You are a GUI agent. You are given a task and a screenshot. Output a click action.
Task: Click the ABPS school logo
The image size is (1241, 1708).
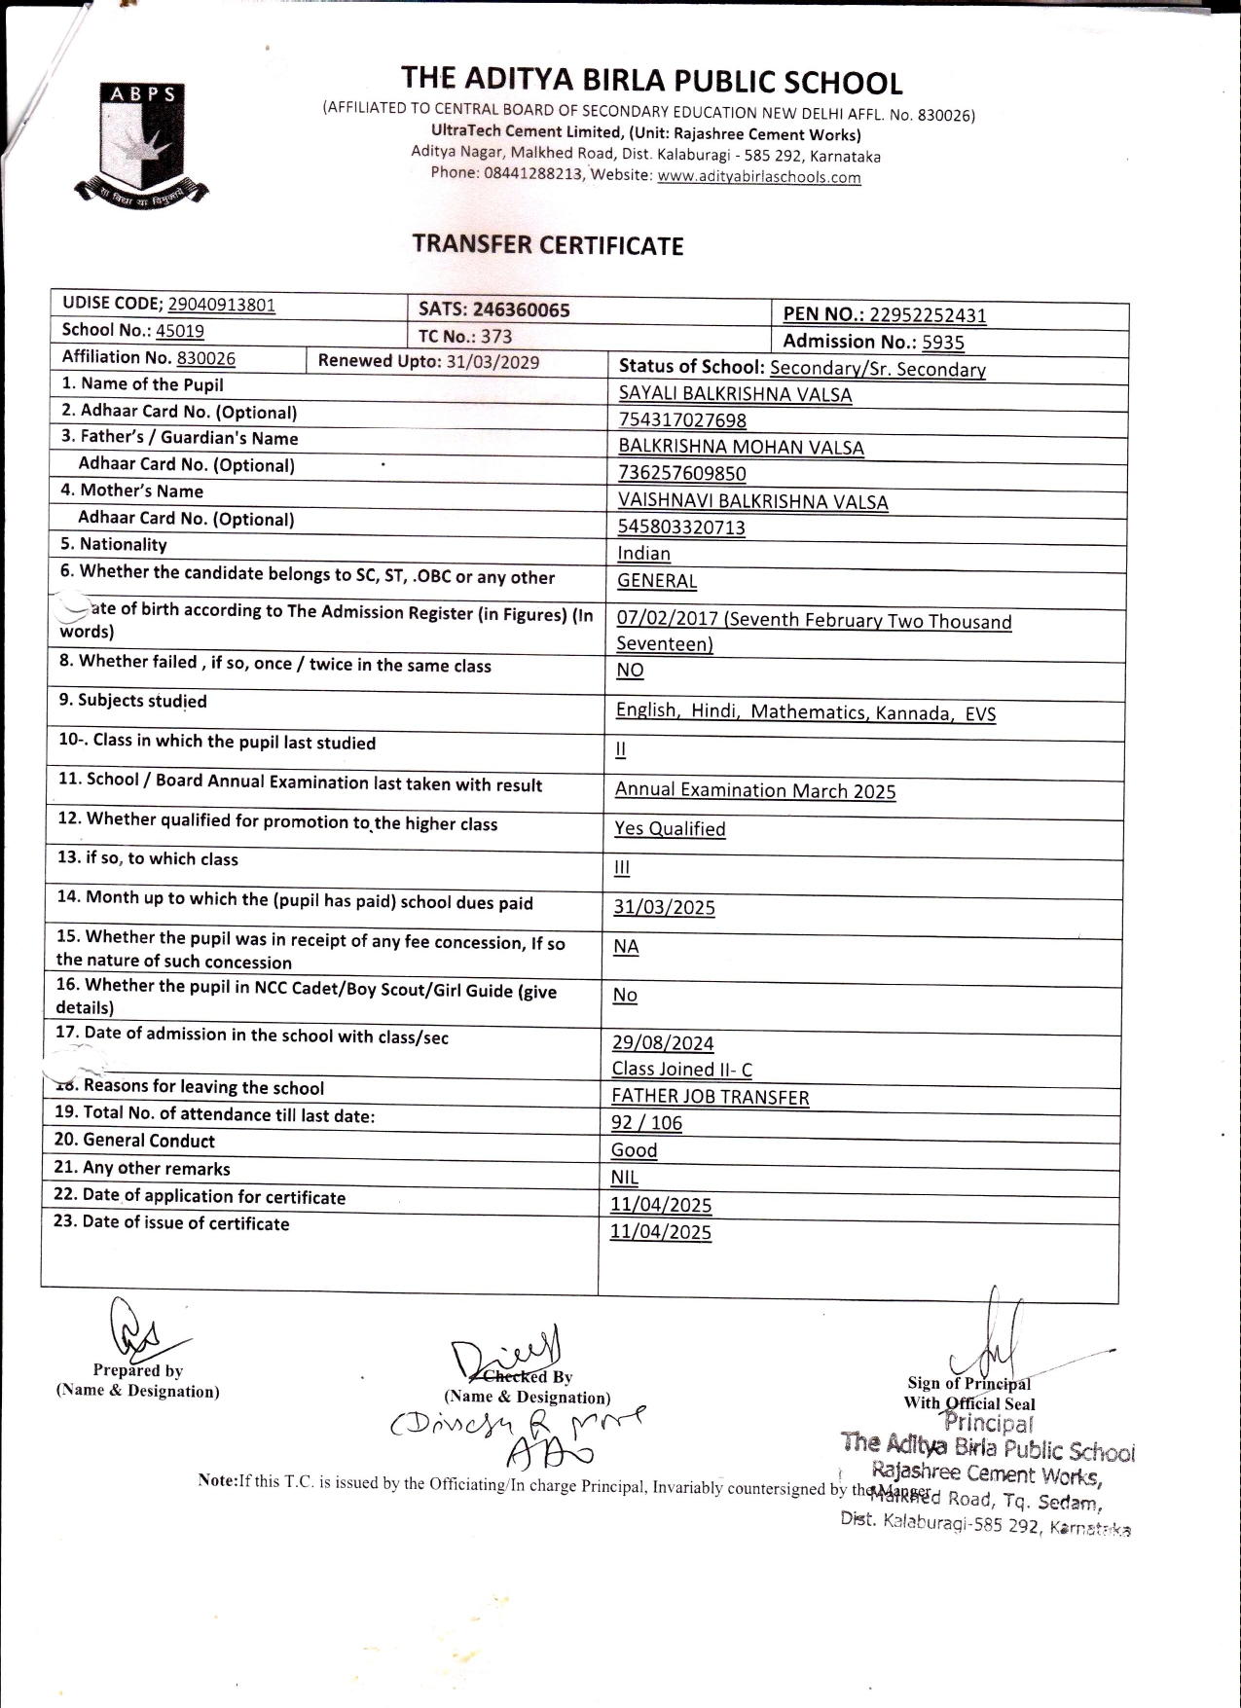coord(141,144)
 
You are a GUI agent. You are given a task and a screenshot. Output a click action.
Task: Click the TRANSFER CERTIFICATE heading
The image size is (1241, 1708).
coord(547,245)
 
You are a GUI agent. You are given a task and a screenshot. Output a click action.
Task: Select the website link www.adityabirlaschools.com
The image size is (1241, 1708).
coord(758,177)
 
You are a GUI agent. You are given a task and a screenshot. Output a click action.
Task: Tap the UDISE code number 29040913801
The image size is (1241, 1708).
coord(221,305)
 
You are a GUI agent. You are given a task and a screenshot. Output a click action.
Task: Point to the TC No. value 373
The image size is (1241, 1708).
coord(495,337)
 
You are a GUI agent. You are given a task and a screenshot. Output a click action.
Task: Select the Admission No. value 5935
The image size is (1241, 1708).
coord(942,342)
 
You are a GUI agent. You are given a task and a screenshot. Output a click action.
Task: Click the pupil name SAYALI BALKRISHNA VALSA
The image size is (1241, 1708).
coord(735,394)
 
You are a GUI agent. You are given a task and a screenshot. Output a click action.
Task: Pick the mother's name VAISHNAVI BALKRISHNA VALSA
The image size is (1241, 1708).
coord(752,501)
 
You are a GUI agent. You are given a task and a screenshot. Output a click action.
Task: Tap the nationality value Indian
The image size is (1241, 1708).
coord(643,554)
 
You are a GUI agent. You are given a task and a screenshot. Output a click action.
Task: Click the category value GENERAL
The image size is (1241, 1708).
coord(657,581)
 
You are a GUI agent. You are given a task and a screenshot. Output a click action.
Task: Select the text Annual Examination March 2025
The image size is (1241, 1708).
coord(754,790)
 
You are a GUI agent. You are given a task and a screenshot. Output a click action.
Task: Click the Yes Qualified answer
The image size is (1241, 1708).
coord(670,829)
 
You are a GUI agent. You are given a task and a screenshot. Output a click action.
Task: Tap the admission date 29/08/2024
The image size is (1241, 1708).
coord(662,1043)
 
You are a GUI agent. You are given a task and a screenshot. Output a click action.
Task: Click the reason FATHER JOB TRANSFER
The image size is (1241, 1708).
coord(710,1097)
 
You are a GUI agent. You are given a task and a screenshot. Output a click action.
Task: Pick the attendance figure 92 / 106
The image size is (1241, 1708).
coord(646,1123)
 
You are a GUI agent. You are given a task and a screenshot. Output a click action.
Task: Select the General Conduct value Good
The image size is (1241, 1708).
coord(634,1150)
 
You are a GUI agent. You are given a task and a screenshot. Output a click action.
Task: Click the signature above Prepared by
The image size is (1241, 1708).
coord(136,1330)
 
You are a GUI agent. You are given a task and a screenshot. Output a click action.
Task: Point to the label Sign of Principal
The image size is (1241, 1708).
coord(968,1384)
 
